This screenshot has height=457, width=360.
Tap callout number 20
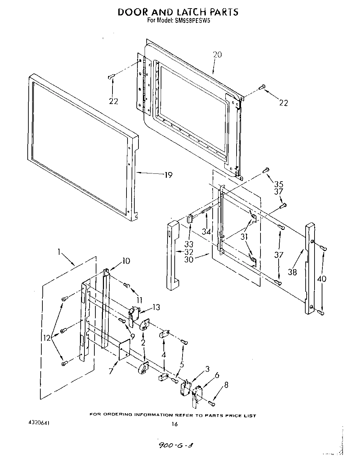click(x=217, y=54)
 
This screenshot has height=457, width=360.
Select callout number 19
click(x=168, y=175)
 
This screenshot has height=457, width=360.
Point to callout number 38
click(x=293, y=272)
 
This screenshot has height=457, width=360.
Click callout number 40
click(x=322, y=279)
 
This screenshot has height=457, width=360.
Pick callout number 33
click(x=189, y=244)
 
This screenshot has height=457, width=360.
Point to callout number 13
click(x=156, y=307)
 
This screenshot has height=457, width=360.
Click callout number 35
click(x=279, y=184)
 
